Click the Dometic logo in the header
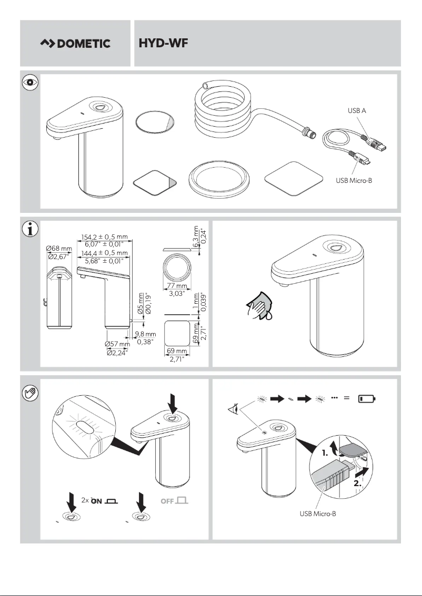[75, 44]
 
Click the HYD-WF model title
[163, 43]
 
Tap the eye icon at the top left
[30, 83]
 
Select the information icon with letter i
[30, 229]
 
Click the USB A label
[357, 111]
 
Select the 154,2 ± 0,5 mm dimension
[105, 237]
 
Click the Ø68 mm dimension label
[59, 248]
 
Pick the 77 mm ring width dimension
[177, 286]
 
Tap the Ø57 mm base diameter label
[117, 344]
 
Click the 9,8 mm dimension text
[145, 334]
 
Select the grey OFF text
[167, 501]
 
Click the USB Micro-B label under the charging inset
[317, 513]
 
